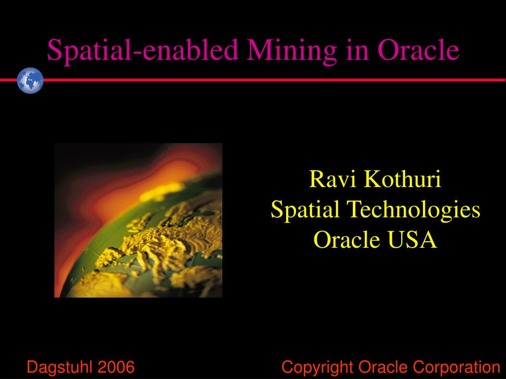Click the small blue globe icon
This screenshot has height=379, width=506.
[30, 80]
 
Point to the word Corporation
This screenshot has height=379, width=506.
[457, 367]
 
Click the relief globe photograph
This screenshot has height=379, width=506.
[138, 220]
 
